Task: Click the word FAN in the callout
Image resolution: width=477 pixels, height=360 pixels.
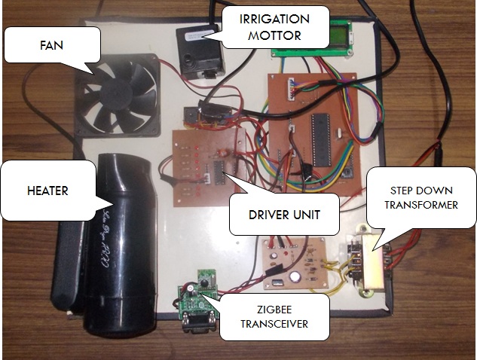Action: pyautogui.click(x=51, y=45)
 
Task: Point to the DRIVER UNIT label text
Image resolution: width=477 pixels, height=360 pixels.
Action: pyautogui.click(x=284, y=215)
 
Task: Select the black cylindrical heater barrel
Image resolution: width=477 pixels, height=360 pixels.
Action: pyautogui.click(x=121, y=241)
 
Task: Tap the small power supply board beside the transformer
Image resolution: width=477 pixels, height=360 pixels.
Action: pyautogui.click(x=294, y=264)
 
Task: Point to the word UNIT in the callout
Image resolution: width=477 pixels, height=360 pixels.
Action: pyautogui.click(x=305, y=215)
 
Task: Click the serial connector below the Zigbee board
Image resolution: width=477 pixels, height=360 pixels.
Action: pyautogui.click(x=191, y=322)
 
